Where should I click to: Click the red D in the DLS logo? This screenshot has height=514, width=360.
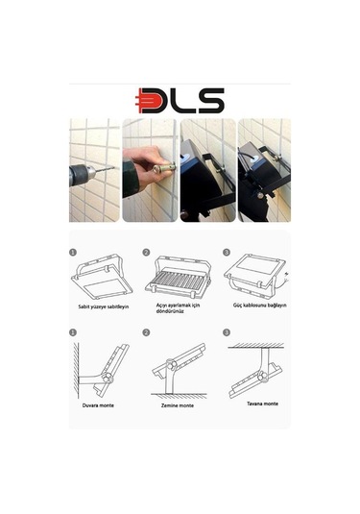point(155,100)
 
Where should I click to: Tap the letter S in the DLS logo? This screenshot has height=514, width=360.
point(210,100)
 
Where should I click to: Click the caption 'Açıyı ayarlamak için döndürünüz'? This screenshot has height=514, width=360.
point(179,307)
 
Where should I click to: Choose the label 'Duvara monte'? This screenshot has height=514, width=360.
point(98,405)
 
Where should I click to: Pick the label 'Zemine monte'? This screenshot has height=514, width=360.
point(178,405)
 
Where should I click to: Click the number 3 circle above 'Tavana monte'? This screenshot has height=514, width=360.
point(226,331)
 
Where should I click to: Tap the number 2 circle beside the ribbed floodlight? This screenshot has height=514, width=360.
point(147,253)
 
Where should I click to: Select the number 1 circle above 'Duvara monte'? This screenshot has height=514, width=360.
point(72,331)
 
